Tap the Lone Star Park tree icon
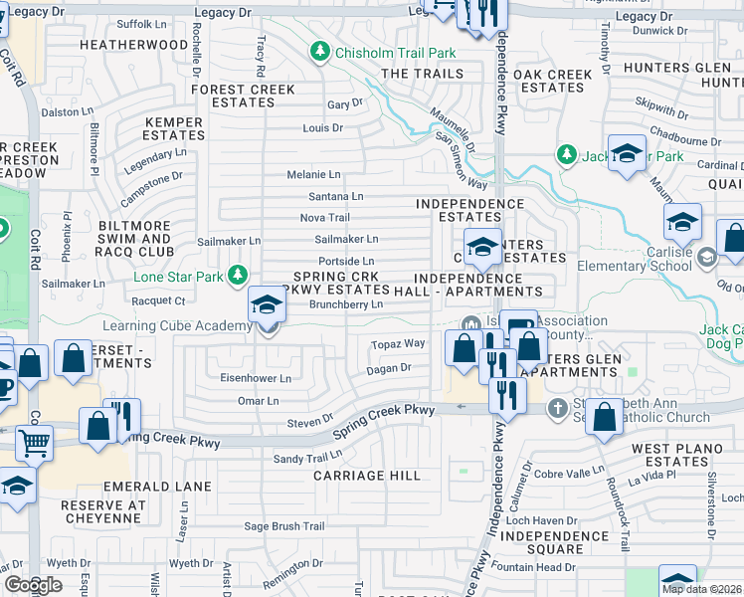(x=237, y=274)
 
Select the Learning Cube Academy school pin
(x=267, y=304)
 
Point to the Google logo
(x=32, y=585)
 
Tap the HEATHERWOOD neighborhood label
(x=133, y=46)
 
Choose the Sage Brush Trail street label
(x=285, y=526)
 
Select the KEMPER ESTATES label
(x=173, y=128)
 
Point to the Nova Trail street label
(x=325, y=218)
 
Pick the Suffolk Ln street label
(x=140, y=23)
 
